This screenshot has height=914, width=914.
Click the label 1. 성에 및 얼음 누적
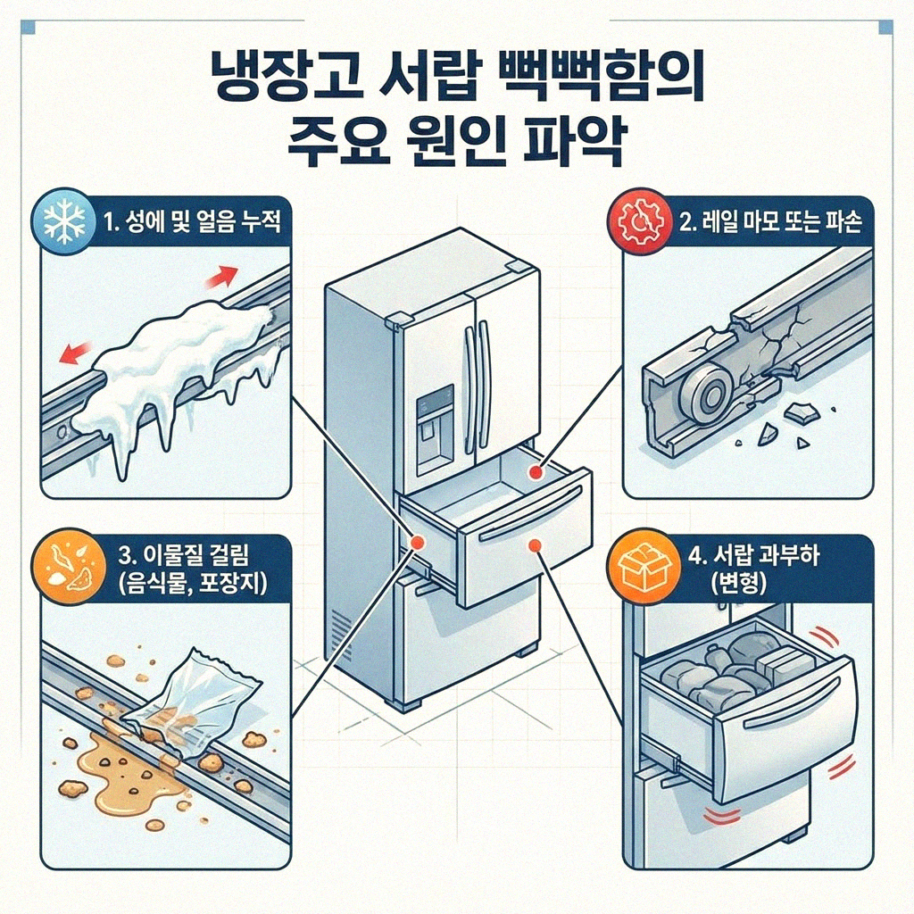191,221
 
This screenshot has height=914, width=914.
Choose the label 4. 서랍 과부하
755,558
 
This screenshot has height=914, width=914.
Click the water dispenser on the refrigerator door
435,428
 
